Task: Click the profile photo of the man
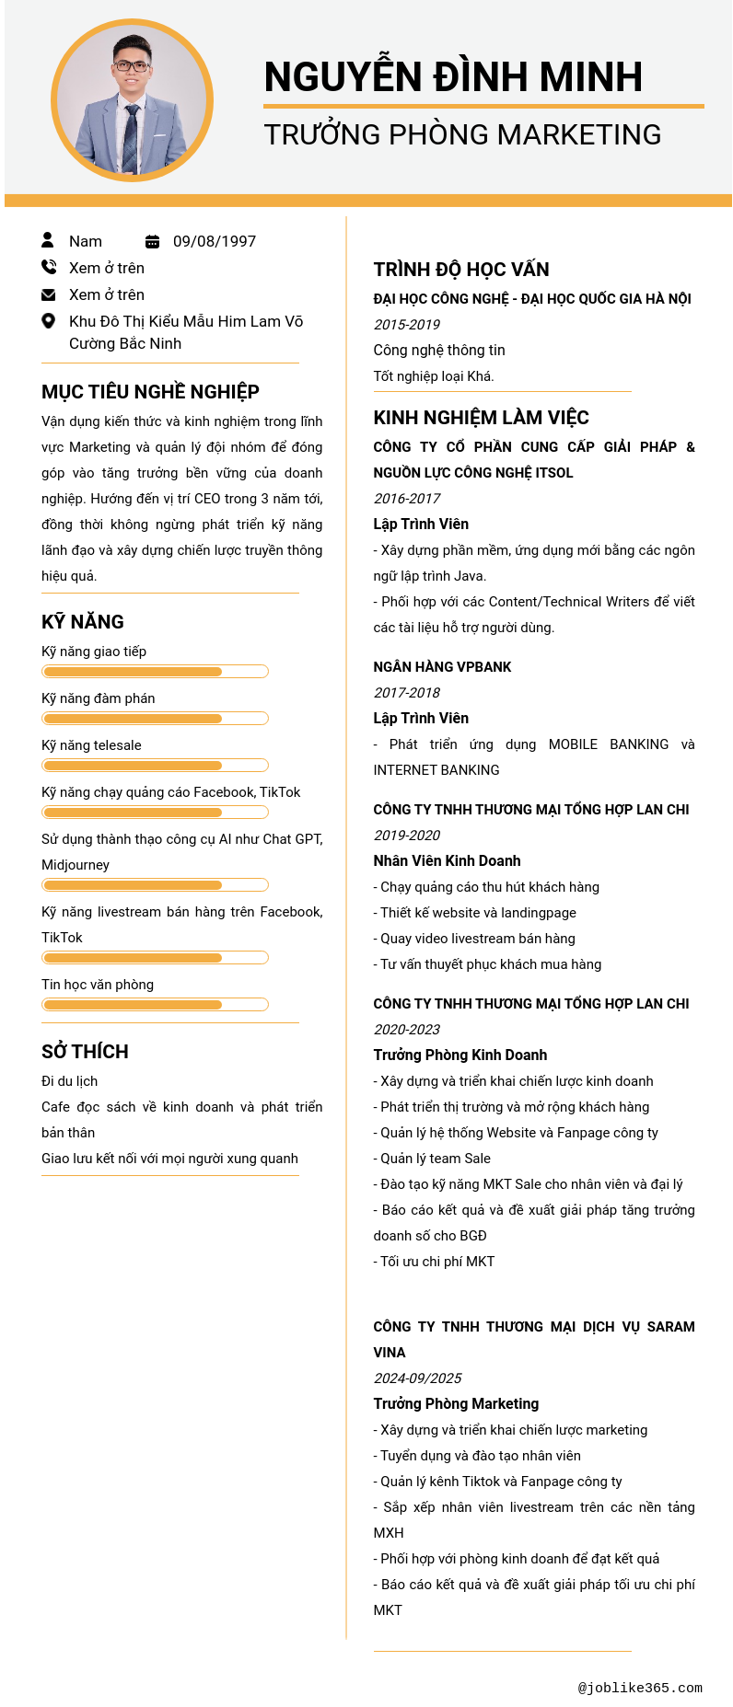click(132, 100)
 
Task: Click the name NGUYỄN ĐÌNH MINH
click(453, 77)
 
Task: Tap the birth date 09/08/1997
click(215, 241)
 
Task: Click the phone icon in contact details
click(49, 267)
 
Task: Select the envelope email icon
click(49, 294)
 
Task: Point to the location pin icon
click(49, 321)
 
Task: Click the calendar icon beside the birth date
click(153, 241)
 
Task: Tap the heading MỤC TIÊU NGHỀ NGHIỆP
click(150, 392)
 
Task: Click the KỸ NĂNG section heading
click(83, 622)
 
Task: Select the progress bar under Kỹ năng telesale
click(155, 766)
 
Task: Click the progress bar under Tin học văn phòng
click(155, 1005)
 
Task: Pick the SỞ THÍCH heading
click(85, 1052)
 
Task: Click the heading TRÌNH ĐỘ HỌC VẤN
click(461, 270)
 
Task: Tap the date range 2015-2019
click(407, 325)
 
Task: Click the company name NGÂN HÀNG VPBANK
click(442, 667)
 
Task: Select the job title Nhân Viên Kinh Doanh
click(447, 861)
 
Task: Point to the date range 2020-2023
click(407, 1030)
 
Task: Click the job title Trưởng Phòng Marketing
click(456, 1404)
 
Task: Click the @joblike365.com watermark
click(640, 1688)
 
